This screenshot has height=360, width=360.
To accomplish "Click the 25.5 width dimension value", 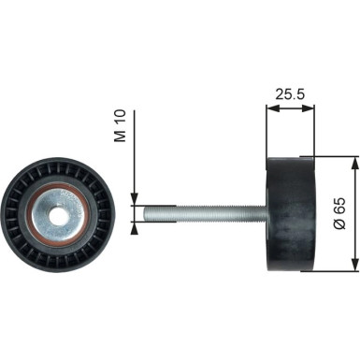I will click(290, 94).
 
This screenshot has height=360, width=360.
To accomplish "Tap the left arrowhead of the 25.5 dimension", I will click(271, 108).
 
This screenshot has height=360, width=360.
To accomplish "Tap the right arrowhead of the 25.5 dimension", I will click(310, 108).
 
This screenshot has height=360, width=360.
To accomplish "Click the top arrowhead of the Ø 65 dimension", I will click(353, 161).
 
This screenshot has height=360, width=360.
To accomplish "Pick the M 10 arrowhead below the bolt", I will click(135, 224).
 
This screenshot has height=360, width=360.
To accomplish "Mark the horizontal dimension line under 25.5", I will click(291, 108).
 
